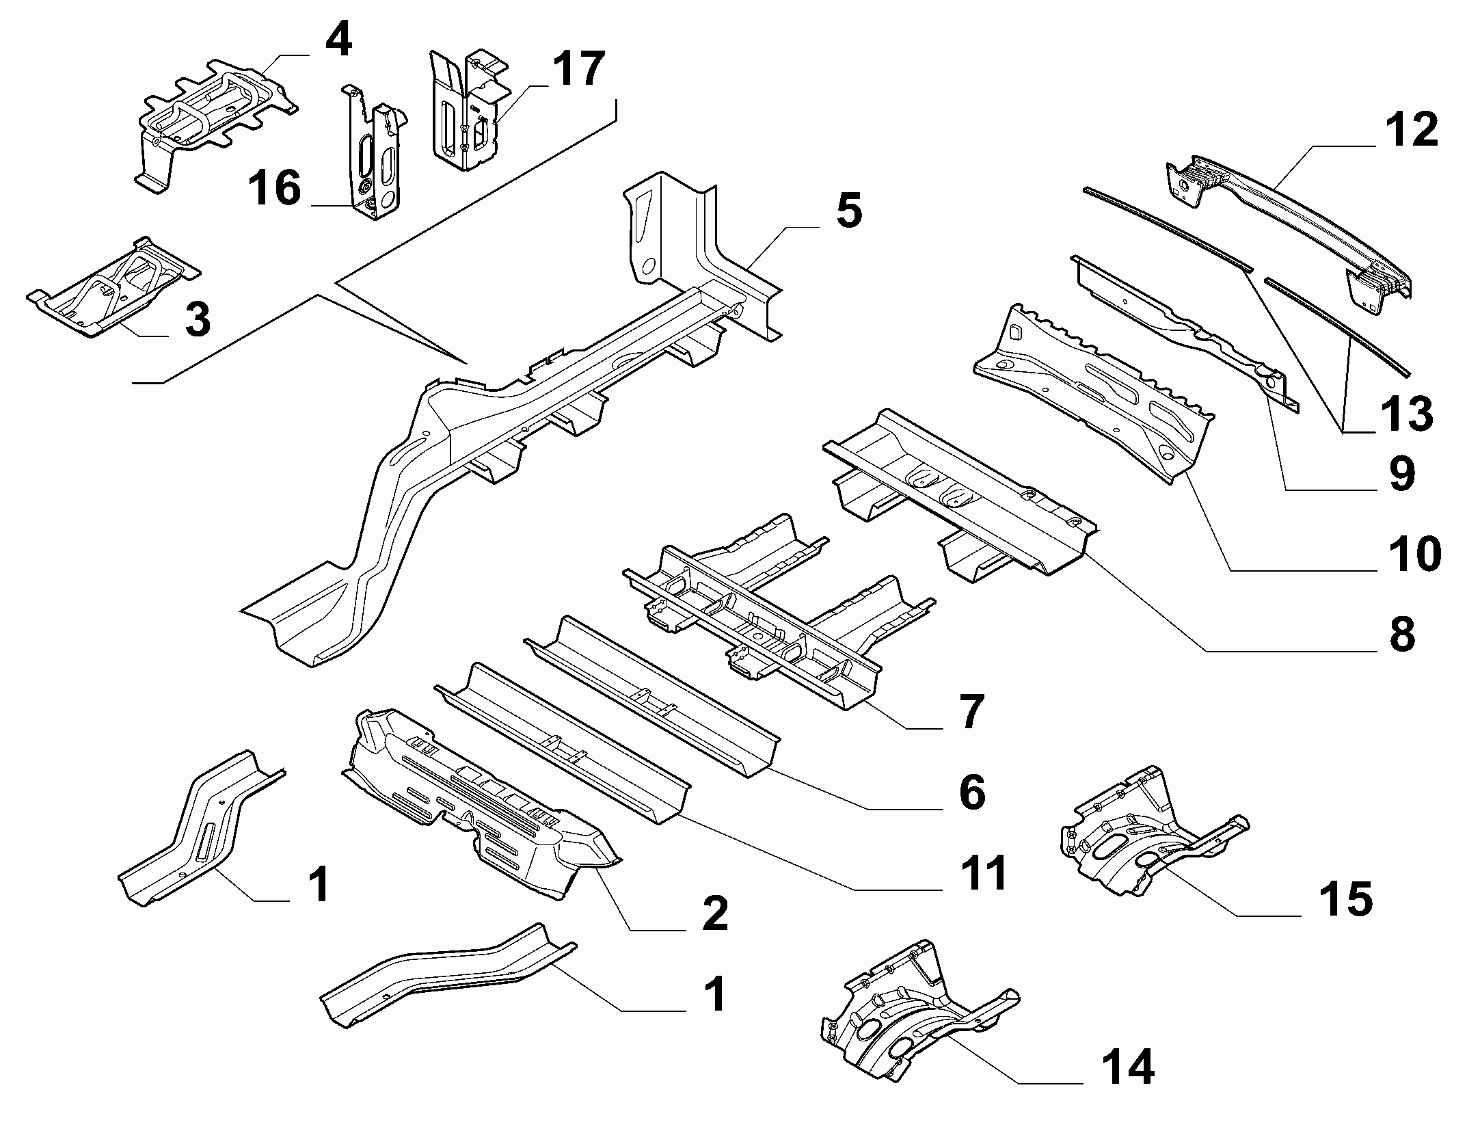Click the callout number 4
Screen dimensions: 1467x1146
click(338, 40)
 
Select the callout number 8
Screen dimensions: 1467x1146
click(1401, 633)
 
